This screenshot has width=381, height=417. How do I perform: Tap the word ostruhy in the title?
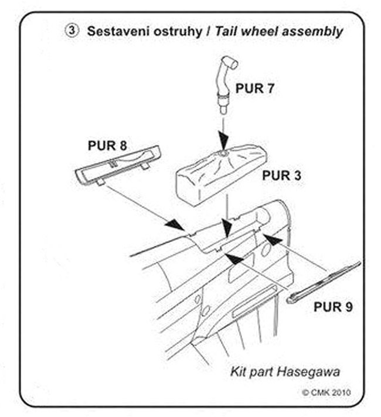point(174,32)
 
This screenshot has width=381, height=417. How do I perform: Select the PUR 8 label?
point(108,145)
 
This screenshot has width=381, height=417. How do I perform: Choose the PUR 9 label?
point(333,306)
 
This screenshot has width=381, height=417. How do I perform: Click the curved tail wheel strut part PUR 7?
point(223,81)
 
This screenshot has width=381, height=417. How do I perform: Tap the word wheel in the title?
point(255,31)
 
